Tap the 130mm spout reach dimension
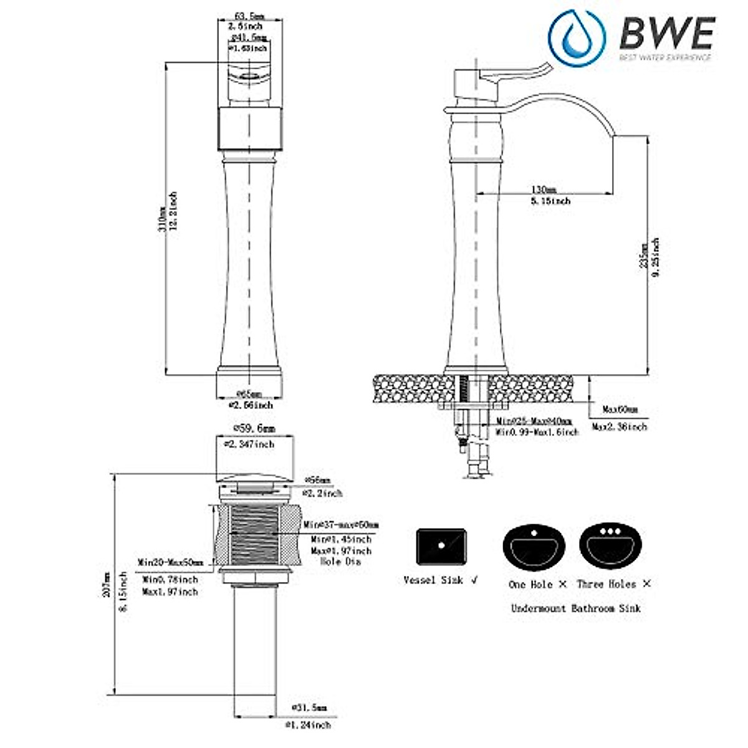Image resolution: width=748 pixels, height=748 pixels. tap(544, 189)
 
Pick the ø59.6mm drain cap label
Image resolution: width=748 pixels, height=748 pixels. tap(253, 429)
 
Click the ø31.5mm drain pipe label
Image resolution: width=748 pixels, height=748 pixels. tap(309, 708)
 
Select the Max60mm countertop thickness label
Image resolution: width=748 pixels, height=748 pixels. tap(620, 410)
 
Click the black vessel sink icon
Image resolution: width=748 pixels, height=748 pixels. tap(441, 547)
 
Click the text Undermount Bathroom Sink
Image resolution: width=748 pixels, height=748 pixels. tap(575, 608)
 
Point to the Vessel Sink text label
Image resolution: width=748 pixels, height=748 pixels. tap(434, 580)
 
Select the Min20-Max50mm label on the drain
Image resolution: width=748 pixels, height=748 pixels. tap(171, 562)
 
